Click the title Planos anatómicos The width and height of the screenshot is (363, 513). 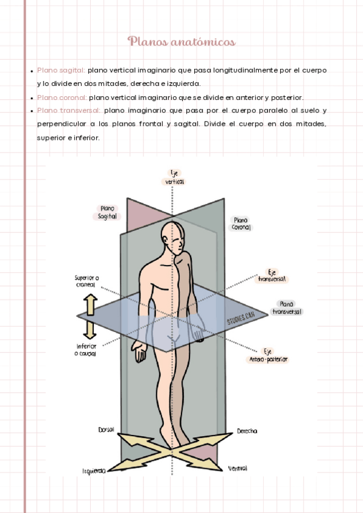click(181, 42)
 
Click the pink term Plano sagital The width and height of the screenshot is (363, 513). click(60, 70)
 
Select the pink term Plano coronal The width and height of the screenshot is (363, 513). click(62, 97)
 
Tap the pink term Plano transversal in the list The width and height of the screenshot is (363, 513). click(68, 111)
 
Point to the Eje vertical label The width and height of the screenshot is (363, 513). click(174, 177)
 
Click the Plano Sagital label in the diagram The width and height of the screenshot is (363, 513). click(107, 212)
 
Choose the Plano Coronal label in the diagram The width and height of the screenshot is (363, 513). click(241, 224)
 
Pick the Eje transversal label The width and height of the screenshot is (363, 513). click(273, 276)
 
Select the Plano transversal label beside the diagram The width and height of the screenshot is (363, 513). click(287, 308)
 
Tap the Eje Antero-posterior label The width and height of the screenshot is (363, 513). click(268, 355)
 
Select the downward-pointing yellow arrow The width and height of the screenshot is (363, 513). click(90, 328)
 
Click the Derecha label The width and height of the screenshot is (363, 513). click(246, 431)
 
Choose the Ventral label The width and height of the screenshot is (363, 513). click(237, 468)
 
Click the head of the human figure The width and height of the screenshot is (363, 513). click(174, 238)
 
